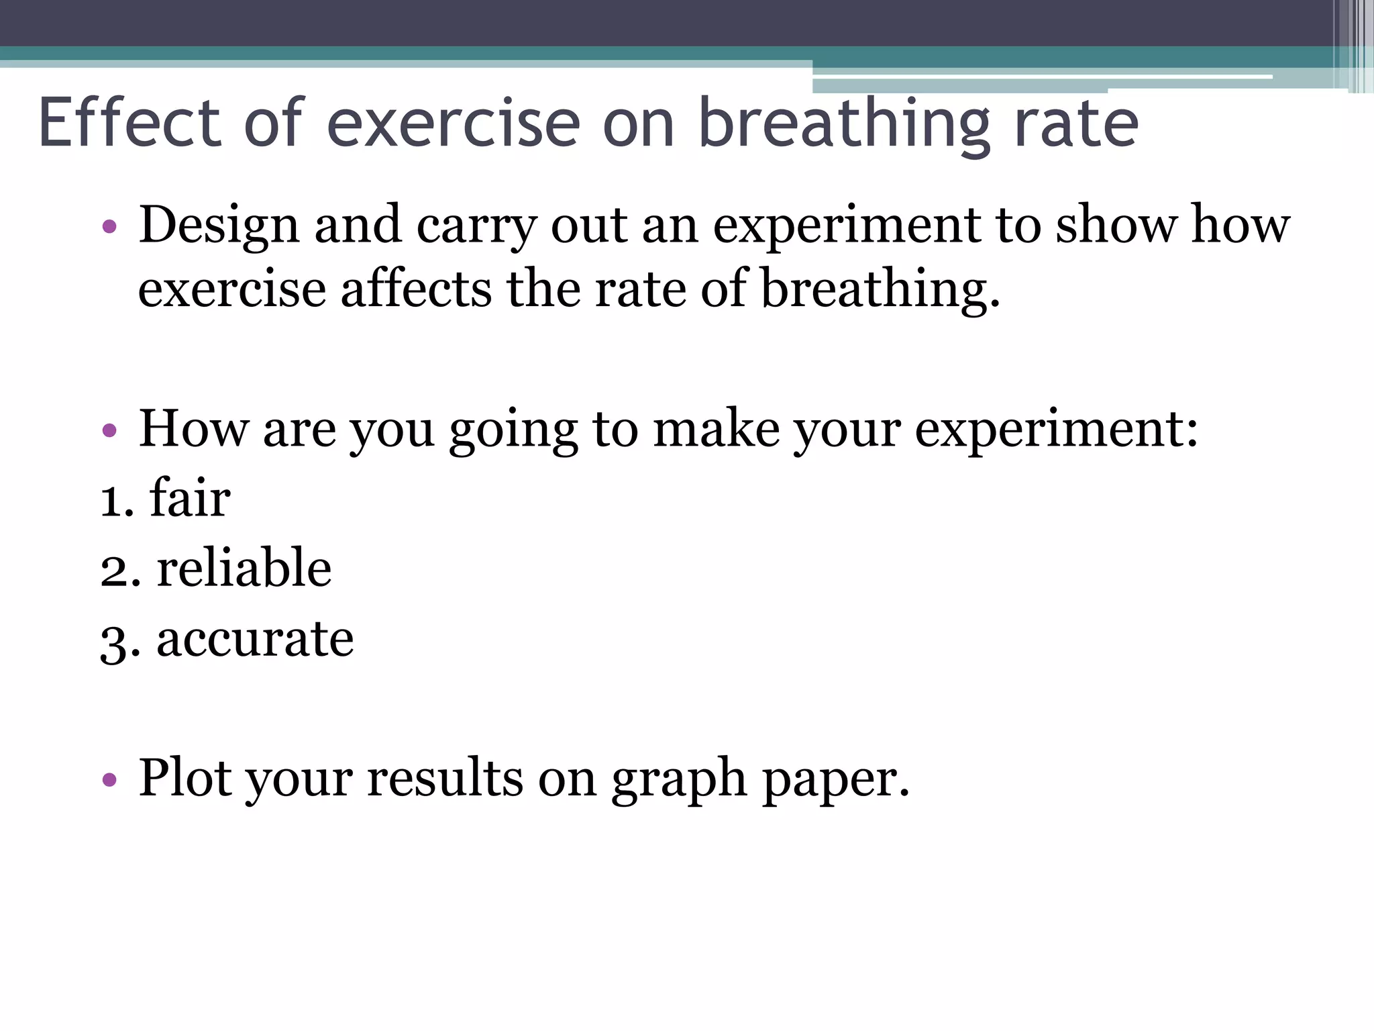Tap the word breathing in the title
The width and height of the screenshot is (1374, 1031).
(x=844, y=124)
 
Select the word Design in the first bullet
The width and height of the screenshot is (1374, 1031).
(x=219, y=226)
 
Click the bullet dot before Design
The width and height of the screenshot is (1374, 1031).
(x=110, y=226)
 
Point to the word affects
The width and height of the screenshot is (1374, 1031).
(x=416, y=289)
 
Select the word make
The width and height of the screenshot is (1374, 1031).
(x=716, y=430)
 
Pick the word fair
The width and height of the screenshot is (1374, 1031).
(x=190, y=499)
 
